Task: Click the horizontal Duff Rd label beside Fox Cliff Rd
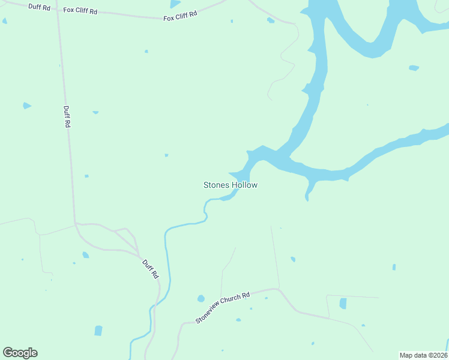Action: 38,6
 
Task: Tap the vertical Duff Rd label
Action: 67,116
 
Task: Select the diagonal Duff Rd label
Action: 150,268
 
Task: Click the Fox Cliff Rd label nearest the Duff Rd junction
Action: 80,10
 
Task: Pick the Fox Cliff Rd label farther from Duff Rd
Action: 180,16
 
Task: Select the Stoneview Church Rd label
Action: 222,308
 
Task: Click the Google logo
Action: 20,353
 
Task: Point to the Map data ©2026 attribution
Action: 423,355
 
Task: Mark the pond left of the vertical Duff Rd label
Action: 26,106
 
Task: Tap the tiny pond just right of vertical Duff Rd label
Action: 95,112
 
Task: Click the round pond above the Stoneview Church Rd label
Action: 201,298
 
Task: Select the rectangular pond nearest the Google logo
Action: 98,331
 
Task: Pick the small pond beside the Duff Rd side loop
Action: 86,254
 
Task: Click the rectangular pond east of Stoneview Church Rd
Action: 343,304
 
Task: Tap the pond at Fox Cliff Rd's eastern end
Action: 271,20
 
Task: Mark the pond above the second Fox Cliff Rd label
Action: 175,4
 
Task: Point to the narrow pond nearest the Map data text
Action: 394,267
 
